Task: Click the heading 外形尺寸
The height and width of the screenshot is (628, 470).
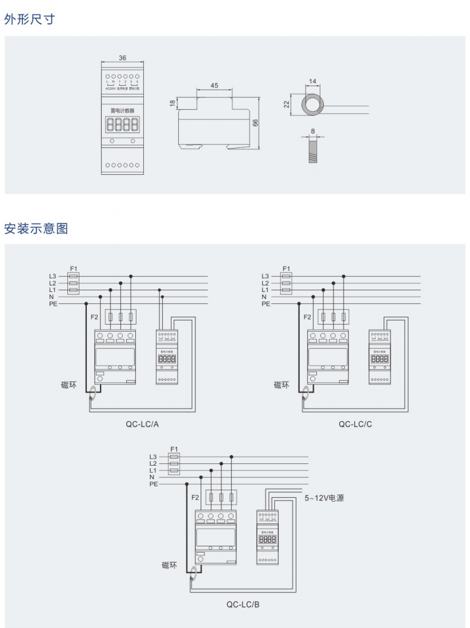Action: click(30, 19)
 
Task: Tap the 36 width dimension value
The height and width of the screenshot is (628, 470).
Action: click(122, 58)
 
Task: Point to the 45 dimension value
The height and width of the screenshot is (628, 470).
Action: click(214, 85)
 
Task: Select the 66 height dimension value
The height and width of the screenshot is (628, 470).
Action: click(256, 123)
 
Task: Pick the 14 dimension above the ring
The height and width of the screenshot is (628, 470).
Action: click(312, 82)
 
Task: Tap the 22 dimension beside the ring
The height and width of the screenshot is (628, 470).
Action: click(288, 105)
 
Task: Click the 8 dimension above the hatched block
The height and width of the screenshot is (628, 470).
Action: click(312, 131)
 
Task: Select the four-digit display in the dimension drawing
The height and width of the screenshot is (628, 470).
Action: click(122, 125)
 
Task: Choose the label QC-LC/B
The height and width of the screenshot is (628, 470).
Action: click(243, 603)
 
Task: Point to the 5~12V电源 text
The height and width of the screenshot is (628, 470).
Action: click(324, 498)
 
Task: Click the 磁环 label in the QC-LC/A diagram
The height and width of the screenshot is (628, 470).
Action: click(69, 385)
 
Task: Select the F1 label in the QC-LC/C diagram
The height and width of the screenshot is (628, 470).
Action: click(286, 268)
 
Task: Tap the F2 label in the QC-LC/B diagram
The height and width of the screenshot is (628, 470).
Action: click(195, 497)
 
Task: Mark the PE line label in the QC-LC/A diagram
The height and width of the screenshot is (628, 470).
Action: click(53, 304)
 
